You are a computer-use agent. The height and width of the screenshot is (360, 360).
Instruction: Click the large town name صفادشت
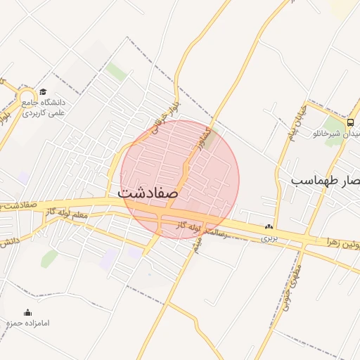point(148,191)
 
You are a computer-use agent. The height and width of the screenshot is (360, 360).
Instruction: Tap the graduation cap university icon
point(44,91)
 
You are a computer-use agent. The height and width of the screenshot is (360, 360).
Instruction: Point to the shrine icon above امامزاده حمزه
point(28,312)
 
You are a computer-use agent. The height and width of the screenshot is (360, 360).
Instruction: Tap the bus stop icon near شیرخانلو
point(350,120)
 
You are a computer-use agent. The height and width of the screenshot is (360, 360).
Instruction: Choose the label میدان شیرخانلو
point(337,133)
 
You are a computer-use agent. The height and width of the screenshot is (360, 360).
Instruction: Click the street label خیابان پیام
point(295,124)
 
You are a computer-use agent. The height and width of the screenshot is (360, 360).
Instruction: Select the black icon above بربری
point(268,227)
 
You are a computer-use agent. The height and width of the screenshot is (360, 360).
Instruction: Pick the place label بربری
point(270,238)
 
